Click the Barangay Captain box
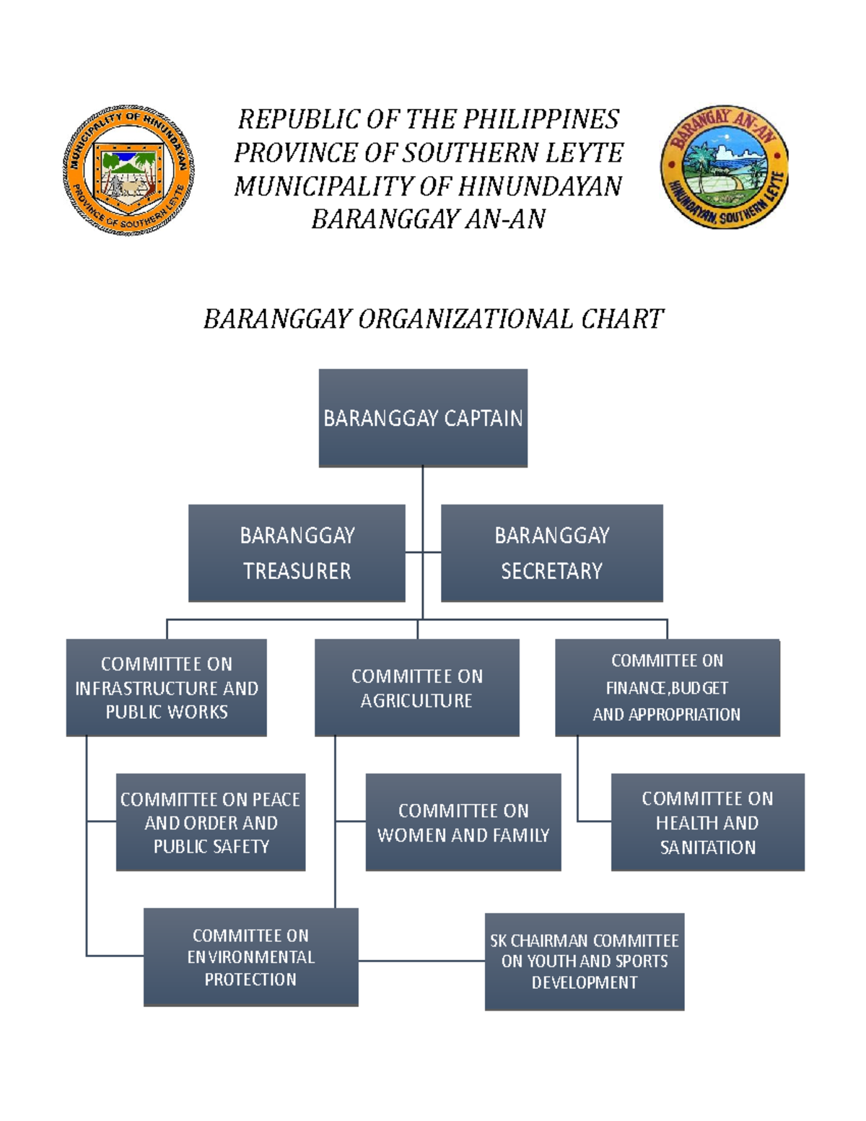(x=423, y=418)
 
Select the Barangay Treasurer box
(x=297, y=553)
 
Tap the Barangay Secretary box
(x=551, y=553)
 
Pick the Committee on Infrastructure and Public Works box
(x=166, y=687)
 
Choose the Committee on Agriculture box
(x=416, y=687)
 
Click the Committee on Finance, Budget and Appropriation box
(x=667, y=687)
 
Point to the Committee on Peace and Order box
(x=210, y=822)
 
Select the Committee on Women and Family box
(x=463, y=822)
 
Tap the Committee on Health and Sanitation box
(x=707, y=822)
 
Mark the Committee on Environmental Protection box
(x=250, y=957)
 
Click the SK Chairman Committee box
(x=584, y=961)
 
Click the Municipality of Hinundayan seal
(x=128, y=170)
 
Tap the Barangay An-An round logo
(x=724, y=167)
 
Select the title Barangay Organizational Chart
(x=433, y=319)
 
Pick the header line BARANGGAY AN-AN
(x=428, y=219)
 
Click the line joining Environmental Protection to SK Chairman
(x=421, y=961)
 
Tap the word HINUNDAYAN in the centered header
(x=540, y=186)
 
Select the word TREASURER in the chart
(x=297, y=571)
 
